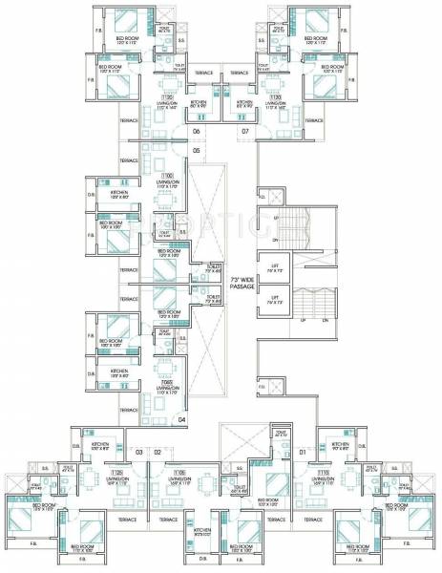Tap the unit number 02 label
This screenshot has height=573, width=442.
tap(158, 451)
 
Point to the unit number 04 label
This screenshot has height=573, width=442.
tap(181, 418)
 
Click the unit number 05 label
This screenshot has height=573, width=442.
tap(197, 151)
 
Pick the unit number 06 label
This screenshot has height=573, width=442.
tap(196, 131)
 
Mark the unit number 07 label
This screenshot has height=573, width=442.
tap(245, 131)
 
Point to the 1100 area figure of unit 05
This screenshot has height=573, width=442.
tap(168, 176)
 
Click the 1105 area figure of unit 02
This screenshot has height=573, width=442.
tap(179, 472)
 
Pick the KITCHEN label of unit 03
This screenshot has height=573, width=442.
tap(100, 445)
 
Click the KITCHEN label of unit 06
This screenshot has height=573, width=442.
tap(199, 101)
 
